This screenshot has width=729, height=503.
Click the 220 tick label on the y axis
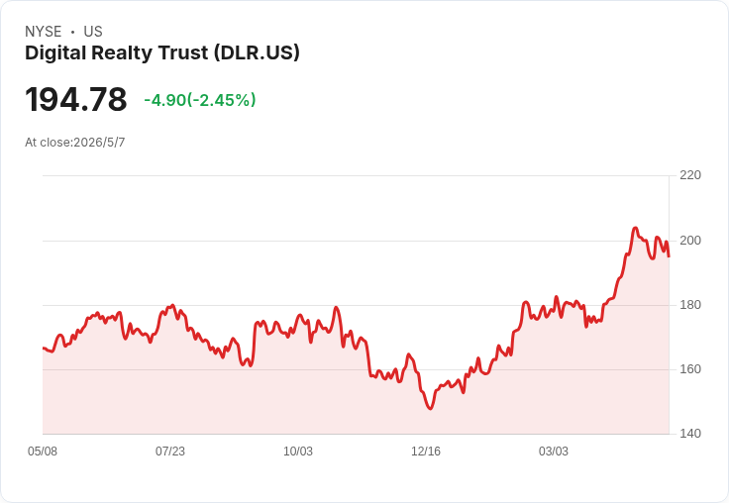click(x=690, y=175)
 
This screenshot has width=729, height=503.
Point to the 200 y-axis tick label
click(x=690, y=241)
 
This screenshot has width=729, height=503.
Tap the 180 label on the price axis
click(x=690, y=305)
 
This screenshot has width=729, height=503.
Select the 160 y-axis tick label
click(x=690, y=369)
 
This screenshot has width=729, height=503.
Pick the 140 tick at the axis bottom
click(x=690, y=434)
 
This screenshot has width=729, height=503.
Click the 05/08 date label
click(x=43, y=452)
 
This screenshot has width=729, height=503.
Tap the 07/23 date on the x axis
click(x=170, y=452)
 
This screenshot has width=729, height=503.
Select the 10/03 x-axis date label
click(x=298, y=452)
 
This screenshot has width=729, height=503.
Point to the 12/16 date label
click(x=426, y=452)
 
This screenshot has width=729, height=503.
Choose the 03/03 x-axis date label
click(x=554, y=452)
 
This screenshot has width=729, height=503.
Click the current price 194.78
click(x=76, y=99)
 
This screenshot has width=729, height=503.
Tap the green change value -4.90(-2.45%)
click(x=200, y=100)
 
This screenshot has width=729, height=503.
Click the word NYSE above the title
click(x=44, y=32)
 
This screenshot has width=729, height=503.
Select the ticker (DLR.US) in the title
click(x=257, y=52)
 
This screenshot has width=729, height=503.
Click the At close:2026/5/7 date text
click(x=75, y=143)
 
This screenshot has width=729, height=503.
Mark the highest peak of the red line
click(x=635, y=228)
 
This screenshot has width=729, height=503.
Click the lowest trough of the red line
click(x=430, y=408)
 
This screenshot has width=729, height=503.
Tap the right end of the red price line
click(x=669, y=255)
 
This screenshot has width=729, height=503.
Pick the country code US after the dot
click(x=93, y=32)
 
